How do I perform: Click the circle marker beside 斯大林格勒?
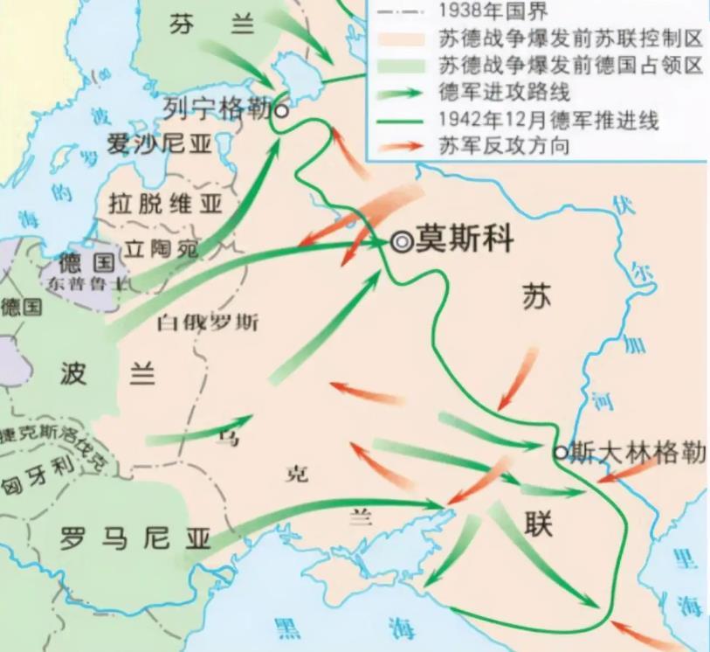tap(560, 452)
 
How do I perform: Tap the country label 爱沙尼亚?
tap(159, 144)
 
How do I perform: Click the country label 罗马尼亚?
tap(135, 538)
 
